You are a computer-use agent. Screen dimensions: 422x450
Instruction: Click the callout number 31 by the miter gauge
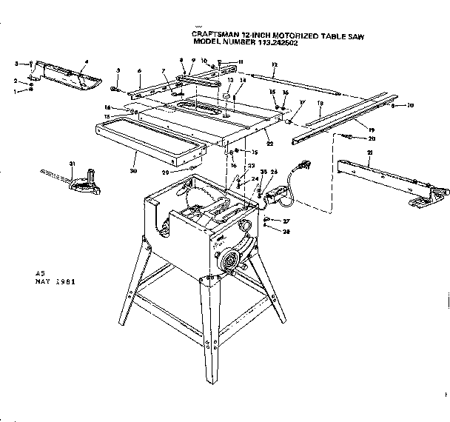coord(73,164)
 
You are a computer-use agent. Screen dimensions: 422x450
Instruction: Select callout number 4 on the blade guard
coord(87,61)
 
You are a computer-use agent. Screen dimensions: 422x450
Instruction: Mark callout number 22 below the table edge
coord(269,142)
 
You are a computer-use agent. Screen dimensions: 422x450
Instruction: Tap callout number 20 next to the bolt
coord(372,138)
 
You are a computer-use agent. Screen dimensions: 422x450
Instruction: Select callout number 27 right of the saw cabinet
coord(286,221)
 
